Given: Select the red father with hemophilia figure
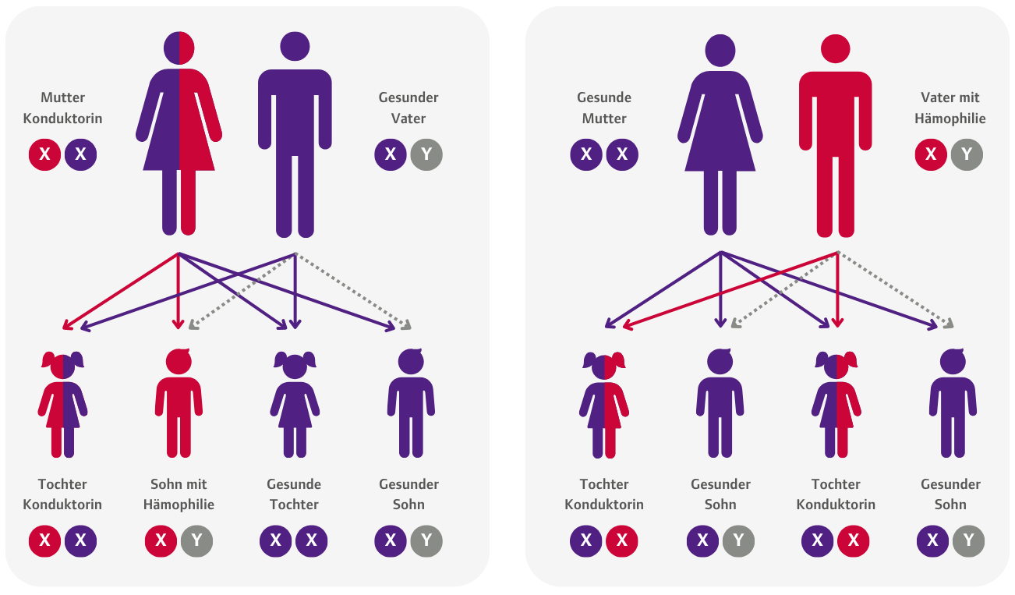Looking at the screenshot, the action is click(x=835, y=136).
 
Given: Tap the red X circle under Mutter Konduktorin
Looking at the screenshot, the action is click(x=45, y=154).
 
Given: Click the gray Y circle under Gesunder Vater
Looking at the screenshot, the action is click(x=426, y=154).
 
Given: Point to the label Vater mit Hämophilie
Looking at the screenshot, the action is click(x=950, y=108).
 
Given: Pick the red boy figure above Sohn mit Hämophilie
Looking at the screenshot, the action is click(x=179, y=403).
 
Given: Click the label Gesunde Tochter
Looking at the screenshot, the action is click(x=294, y=494).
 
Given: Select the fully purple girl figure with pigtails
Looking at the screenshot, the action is click(x=295, y=404).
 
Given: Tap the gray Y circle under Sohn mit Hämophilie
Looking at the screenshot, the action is click(x=196, y=540).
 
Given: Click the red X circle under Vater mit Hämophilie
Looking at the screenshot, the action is click(x=931, y=154).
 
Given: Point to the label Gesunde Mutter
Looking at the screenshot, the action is click(x=604, y=108).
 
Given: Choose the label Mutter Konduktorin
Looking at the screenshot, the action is click(x=62, y=108).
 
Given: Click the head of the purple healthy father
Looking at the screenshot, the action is click(x=295, y=46).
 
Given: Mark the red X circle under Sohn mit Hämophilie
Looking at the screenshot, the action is click(x=161, y=540).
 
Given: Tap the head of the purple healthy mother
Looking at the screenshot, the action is click(x=720, y=50).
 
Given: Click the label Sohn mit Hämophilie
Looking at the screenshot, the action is click(x=179, y=494).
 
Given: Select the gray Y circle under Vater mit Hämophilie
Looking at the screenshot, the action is click(x=967, y=154).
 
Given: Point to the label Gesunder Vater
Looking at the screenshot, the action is click(x=408, y=108).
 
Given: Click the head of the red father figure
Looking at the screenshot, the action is click(x=835, y=48).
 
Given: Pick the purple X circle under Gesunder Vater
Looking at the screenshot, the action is click(x=391, y=154).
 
